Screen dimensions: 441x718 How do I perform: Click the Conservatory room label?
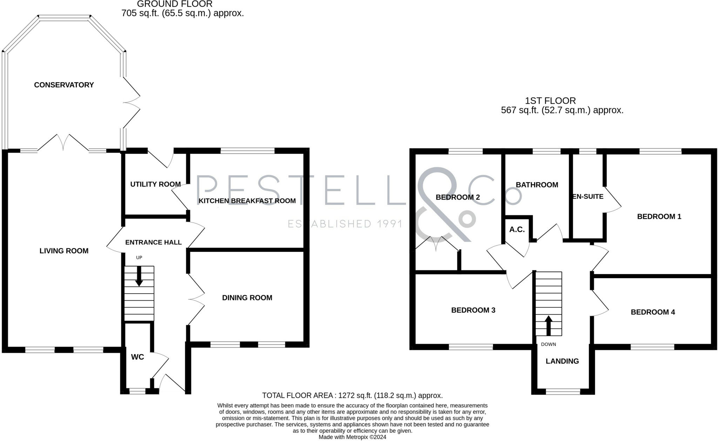pos(64,85)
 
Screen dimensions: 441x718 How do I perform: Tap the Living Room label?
pos(64,251)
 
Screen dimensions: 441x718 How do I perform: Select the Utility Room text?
pos(155,184)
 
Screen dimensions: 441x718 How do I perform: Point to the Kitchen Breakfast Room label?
pos(247,201)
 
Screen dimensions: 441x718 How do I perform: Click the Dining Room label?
pos(247,298)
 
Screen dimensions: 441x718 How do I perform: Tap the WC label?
pos(137,357)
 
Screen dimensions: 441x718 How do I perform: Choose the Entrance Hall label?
pos(153,242)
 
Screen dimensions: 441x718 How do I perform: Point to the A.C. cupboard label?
pos(517,229)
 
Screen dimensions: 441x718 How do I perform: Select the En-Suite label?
pos(588,196)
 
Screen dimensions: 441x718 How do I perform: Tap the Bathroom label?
pos(537,185)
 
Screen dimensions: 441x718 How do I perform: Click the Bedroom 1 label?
pos(659,216)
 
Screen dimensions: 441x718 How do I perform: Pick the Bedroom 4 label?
pos(653,312)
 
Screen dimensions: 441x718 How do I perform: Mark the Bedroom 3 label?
pos(473,310)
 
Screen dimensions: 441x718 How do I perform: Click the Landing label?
pos(562,361)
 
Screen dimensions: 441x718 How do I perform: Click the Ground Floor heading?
pos(175,4)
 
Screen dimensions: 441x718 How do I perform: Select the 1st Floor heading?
pos(550,101)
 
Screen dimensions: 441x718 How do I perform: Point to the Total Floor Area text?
pos(352,395)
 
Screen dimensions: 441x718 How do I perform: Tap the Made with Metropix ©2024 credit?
pos(352,437)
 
